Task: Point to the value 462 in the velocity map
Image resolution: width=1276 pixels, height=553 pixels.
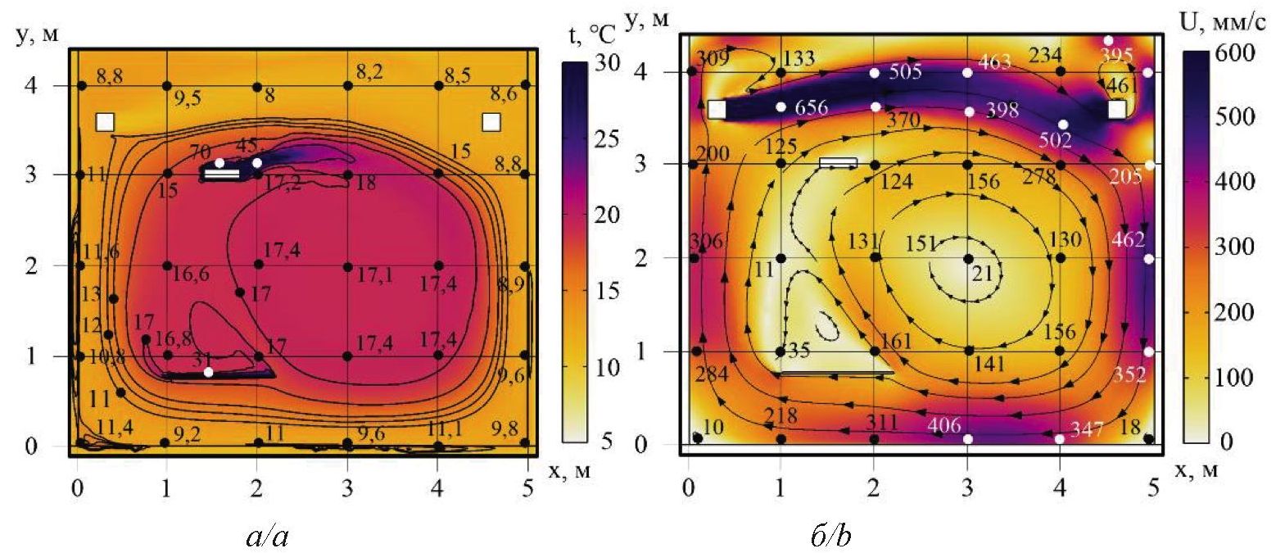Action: (1128, 241)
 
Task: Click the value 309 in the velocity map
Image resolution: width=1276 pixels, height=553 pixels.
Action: (713, 58)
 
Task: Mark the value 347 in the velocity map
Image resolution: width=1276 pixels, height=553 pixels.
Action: (1086, 428)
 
